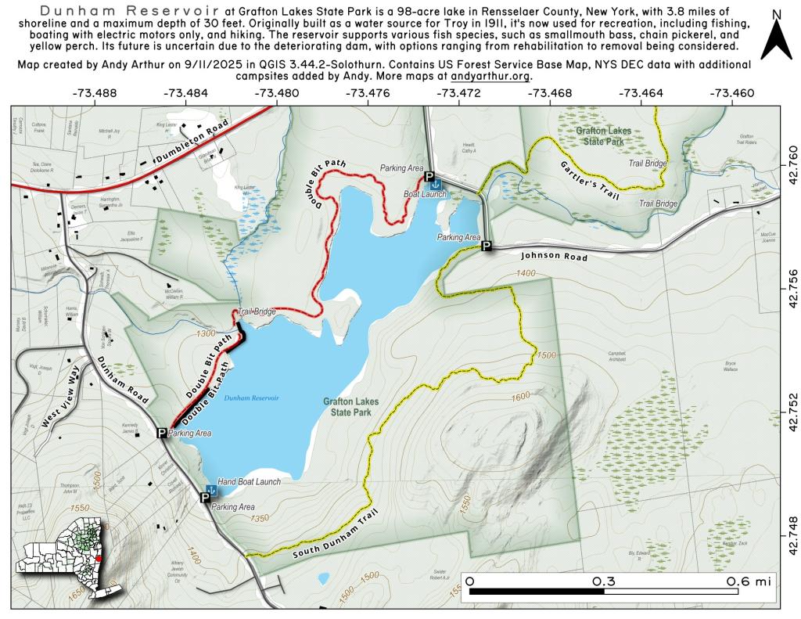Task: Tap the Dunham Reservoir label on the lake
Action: (x=250, y=398)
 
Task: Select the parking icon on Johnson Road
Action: (x=486, y=246)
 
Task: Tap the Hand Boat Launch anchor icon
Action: (x=210, y=490)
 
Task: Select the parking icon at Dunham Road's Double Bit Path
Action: (x=162, y=433)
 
